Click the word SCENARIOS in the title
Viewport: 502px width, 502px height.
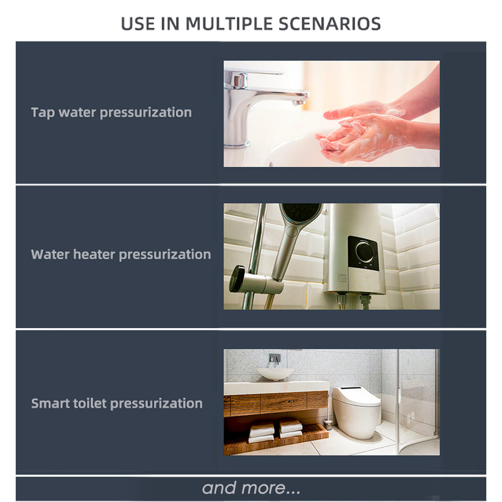(x=330, y=24)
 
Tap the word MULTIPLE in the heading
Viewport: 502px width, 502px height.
(x=229, y=24)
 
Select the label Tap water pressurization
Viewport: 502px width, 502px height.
(x=111, y=113)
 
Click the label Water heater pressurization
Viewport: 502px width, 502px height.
(x=121, y=255)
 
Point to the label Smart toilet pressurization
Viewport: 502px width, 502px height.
(x=117, y=404)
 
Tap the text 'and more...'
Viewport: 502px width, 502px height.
(x=251, y=488)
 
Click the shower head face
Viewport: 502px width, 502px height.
(x=301, y=213)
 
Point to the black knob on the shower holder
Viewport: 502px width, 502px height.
(x=237, y=278)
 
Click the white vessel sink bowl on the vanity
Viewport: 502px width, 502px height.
(x=275, y=374)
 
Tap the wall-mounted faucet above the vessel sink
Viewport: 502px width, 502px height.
(x=275, y=358)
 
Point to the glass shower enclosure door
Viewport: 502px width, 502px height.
(x=418, y=402)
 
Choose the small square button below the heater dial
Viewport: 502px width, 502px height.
(x=342, y=278)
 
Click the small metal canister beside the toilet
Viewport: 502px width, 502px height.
(x=327, y=425)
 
